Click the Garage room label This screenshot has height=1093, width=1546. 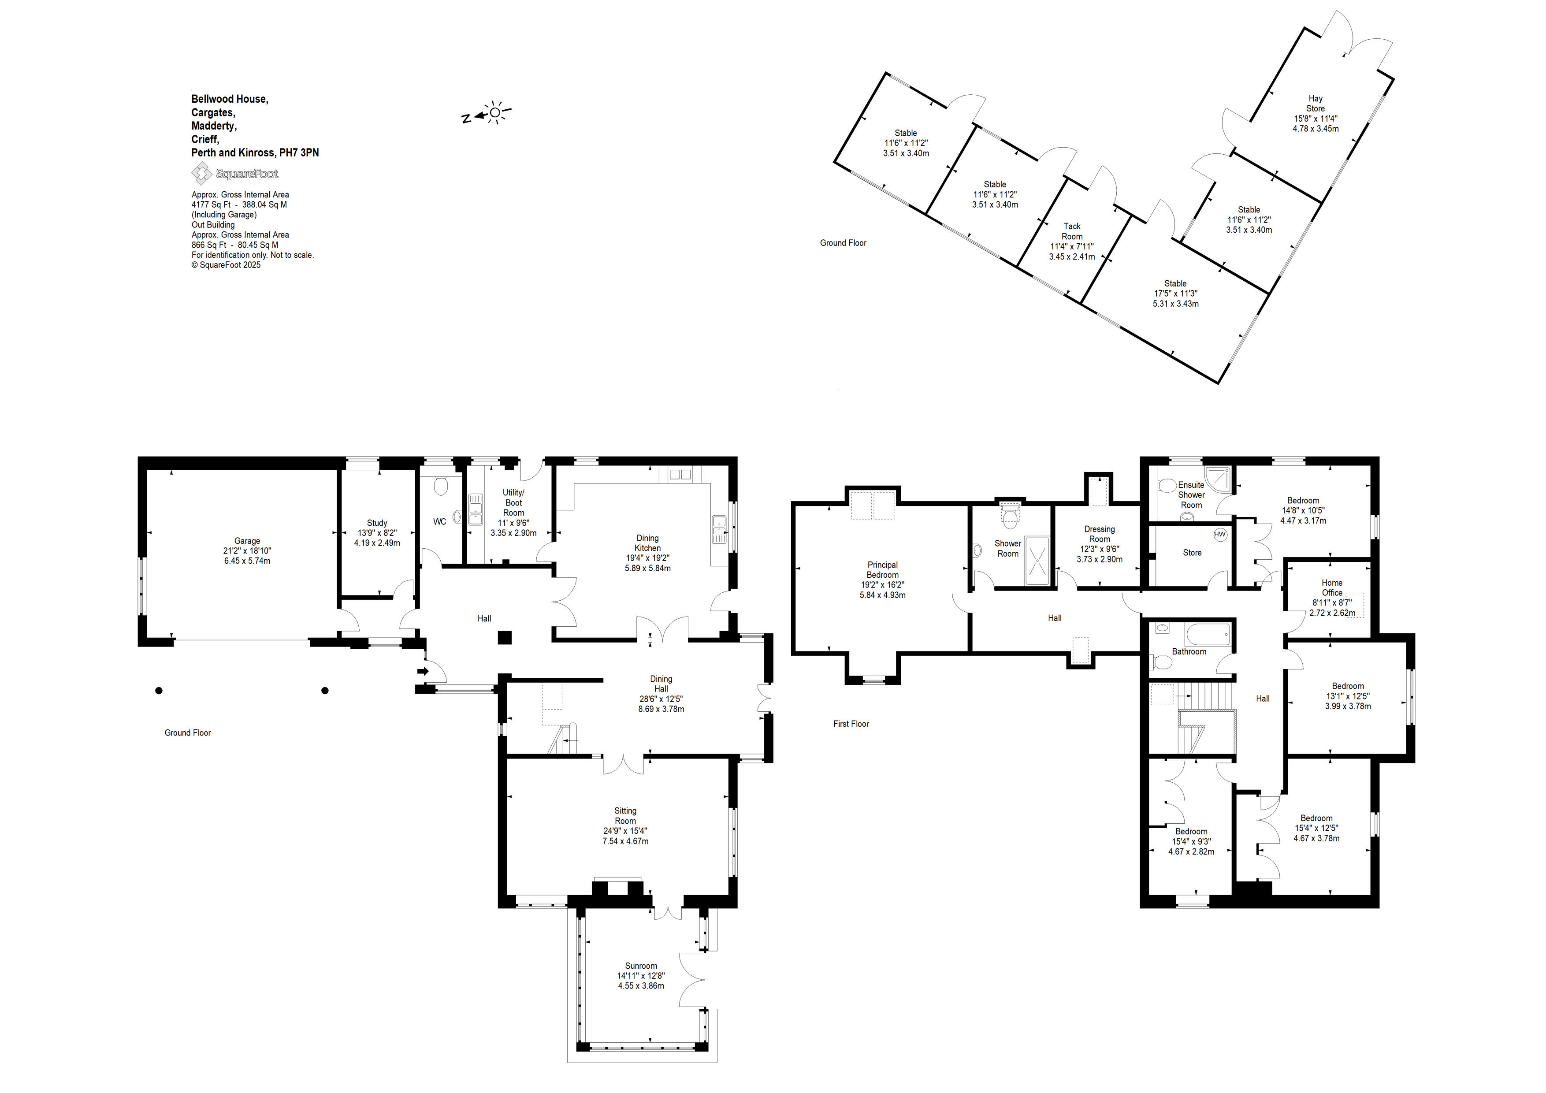click(x=247, y=541)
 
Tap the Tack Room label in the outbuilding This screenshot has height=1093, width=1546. click(x=1072, y=231)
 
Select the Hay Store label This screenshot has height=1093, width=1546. click(x=1315, y=103)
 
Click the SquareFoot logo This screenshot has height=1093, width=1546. click(x=234, y=174)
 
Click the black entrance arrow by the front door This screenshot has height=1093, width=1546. click(x=423, y=671)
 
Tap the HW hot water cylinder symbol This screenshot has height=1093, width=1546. click(x=1220, y=535)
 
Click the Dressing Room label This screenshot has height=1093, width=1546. click(x=1100, y=534)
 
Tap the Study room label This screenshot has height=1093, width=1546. click(x=377, y=523)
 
